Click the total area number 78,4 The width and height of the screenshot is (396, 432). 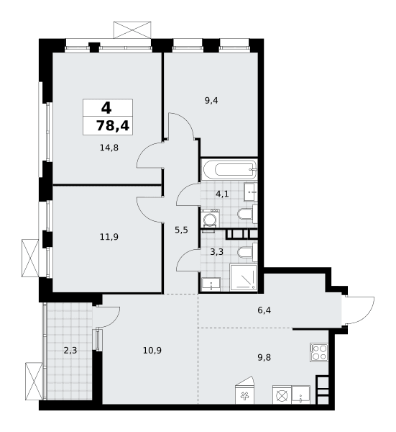click(113, 126)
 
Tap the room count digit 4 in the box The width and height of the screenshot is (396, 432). click(106, 108)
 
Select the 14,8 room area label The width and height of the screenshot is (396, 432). click(109, 148)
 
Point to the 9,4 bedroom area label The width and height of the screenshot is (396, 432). click(211, 101)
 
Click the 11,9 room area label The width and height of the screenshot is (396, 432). click(109, 237)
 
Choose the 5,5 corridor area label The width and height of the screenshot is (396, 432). click(182, 230)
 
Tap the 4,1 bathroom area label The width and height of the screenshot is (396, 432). click(222, 194)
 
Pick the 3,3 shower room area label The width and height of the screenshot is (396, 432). click(217, 252)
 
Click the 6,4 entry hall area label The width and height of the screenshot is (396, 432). click(264, 310)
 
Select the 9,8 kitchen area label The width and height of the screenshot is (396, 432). click(264, 358)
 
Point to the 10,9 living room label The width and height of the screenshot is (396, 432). click(152, 351)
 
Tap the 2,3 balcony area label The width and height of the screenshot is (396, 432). click(70, 351)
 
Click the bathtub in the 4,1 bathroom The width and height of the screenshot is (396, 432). click(229, 169)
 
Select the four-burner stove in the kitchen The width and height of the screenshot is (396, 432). click(319, 352)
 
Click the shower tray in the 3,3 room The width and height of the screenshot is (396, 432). click(244, 277)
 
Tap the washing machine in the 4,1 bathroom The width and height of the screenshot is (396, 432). click(210, 218)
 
